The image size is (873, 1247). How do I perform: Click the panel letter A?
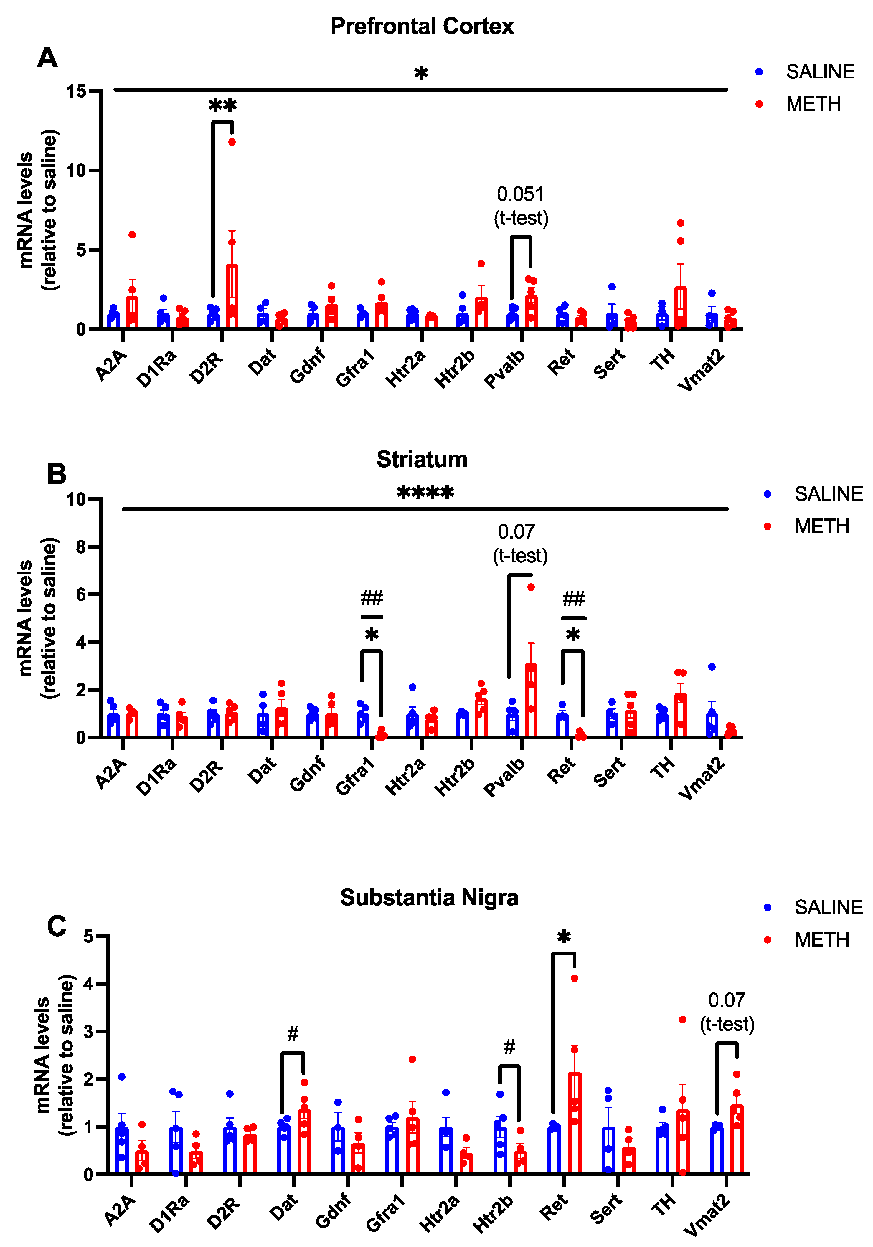(x=47, y=57)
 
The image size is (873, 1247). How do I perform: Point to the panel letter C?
(x=57, y=926)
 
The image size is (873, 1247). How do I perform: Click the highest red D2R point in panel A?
(x=232, y=142)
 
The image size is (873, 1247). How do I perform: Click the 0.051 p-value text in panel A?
(x=520, y=194)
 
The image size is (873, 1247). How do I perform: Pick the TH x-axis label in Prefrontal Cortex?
(x=662, y=359)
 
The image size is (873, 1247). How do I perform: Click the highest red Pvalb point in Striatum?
(x=531, y=587)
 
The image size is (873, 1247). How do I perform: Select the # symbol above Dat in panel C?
(x=293, y=1033)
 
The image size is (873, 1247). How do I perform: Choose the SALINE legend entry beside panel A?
(x=819, y=72)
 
